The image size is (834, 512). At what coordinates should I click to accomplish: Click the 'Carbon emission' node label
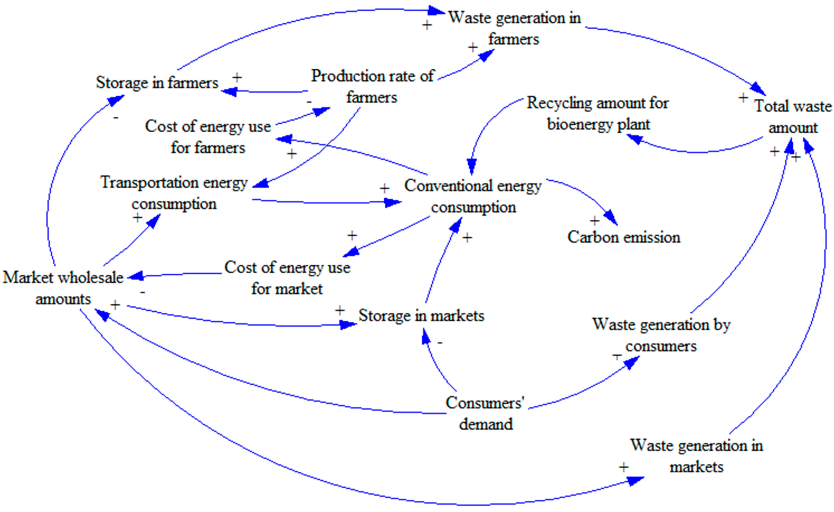tap(624, 237)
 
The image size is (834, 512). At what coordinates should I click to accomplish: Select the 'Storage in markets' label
tap(421, 316)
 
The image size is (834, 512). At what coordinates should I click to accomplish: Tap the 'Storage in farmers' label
tap(157, 83)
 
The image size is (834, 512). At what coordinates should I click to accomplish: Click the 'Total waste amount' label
tap(793, 117)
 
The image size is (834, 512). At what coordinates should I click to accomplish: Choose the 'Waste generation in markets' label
tap(696, 456)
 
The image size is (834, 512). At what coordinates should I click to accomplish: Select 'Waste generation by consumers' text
tap(661, 335)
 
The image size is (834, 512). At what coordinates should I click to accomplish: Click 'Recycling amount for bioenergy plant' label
tap(598, 113)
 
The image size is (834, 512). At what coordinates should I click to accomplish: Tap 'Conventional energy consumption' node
tap(473, 196)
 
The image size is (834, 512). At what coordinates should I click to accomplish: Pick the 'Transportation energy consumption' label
tap(174, 193)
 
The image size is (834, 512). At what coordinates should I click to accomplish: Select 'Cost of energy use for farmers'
tap(208, 137)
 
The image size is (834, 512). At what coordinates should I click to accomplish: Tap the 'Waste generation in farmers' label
tap(514, 28)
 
